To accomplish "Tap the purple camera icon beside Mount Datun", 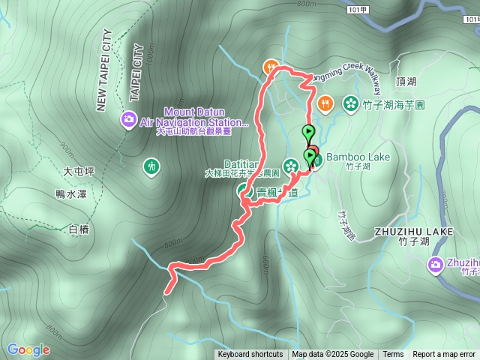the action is click(x=129, y=118).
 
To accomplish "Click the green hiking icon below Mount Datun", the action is click(x=151, y=164).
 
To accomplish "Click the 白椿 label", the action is click(x=78, y=229).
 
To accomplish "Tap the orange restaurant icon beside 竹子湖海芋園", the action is click(x=324, y=103).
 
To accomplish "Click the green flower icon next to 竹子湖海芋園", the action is click(x=349, y=103).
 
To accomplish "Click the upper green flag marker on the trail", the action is click(x=308, y=133).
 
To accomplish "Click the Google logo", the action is click(x=28, y=349).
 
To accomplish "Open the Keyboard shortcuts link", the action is click(x=250, y=355).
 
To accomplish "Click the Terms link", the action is click(x=393, y=355).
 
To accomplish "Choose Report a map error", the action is click(x=444, y=355).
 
